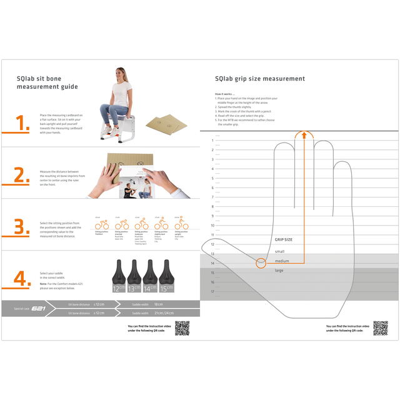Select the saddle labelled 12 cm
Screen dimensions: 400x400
click(119, 276)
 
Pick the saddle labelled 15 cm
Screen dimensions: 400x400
click(166, 276)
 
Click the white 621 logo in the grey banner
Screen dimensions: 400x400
click(39, 308)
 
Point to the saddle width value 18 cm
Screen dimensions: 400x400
click(158, 304)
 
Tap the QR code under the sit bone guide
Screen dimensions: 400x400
click(182, 328)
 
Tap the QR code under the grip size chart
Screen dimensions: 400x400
click(380, 328)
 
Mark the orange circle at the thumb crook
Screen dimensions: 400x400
click(261, 263)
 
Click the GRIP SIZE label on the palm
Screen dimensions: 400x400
click(284, 239)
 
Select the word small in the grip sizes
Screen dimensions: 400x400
click(279, 251)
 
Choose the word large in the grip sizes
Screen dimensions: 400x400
click(279, 270)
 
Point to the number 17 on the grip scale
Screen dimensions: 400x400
click(212, 291)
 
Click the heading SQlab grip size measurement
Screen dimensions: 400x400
click(260, 79)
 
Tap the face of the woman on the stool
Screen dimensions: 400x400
click(119, 73)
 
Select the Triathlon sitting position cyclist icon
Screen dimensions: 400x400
click(98, 224)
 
